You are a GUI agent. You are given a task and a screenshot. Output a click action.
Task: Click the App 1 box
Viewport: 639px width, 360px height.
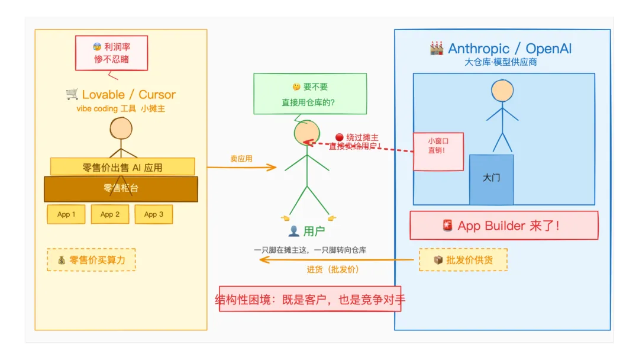click(x=66, y=214)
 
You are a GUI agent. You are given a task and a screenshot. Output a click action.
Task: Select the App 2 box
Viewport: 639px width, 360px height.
click(x=110, y=214)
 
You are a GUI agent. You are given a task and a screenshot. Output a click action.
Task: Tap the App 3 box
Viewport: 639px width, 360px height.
click(x=154, y=214)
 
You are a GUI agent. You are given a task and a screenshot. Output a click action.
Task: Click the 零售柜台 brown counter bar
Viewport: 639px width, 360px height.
click(x=121, y=189)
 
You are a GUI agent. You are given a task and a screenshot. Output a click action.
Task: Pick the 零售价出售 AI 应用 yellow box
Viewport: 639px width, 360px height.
click(x=122, y=167)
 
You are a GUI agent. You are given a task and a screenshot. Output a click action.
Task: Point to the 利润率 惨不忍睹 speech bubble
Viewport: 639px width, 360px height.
click(x=112, y=53)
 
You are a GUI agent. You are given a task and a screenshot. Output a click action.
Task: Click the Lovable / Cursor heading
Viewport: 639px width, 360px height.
click(x=121, y=94)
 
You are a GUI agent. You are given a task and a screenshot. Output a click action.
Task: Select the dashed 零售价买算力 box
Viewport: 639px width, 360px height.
click(x=91, y=259)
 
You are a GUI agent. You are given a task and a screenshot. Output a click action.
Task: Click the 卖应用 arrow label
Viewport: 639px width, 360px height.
click(x=241, y=159)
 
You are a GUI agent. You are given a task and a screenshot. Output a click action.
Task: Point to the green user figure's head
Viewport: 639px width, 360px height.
click(x=306, y=133)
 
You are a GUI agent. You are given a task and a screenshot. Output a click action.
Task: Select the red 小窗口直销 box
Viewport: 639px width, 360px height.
click(x=438, y=151)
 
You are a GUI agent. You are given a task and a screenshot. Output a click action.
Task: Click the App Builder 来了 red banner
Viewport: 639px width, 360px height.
click(x=504, y=226)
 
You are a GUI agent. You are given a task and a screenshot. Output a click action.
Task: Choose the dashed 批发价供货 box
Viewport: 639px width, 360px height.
click(x=463, y=259)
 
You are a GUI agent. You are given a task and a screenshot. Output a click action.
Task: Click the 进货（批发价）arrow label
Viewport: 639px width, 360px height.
click(x=333, y=269)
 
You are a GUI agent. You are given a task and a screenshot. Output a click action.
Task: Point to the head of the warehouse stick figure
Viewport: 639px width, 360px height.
click(x=502, y=90)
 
